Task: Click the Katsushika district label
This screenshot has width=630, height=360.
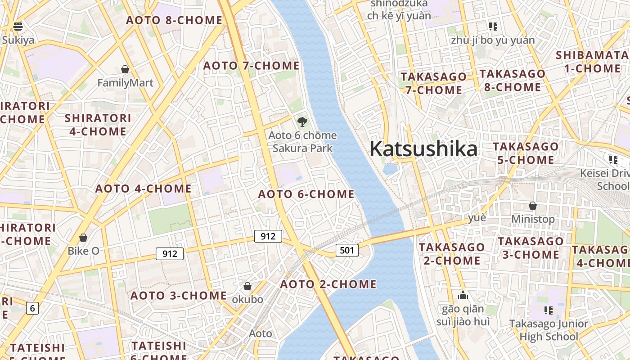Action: [423, 149]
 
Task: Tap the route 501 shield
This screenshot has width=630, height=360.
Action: [347, 250]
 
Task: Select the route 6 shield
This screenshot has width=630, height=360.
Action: [32, 308]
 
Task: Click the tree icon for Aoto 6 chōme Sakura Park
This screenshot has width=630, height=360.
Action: [302, 121]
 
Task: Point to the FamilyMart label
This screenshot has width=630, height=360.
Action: [125, 83]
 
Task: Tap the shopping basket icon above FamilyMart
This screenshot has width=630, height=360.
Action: [125, 69]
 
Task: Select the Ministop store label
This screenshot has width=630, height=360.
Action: [533, 219]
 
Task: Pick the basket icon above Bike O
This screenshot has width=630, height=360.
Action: [83, 237]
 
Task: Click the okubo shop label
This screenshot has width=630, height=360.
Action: [247, 299]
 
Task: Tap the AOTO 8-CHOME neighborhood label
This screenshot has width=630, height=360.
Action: [174, 20]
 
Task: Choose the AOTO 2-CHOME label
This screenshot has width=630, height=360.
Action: [328, 284]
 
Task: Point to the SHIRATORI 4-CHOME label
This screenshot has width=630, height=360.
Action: [98, 125]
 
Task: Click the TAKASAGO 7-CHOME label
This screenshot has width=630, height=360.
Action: [433, 83]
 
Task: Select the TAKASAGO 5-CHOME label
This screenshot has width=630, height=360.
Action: [526, 153]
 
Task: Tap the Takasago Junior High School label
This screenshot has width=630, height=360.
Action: [548, 330]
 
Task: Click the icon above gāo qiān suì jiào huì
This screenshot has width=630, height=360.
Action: [463, 296]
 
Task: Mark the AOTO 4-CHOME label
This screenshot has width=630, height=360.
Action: [143, 189]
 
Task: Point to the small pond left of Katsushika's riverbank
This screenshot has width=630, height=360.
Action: [390, 169]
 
